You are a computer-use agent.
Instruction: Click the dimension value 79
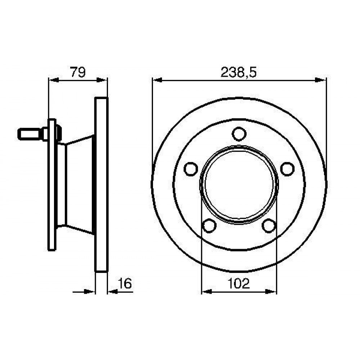tap(78, 72)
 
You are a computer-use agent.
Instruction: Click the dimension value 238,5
tap(238, 72)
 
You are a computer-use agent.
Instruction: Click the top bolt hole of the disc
tap(239, 134)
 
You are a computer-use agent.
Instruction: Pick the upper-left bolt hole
tap(191, 169)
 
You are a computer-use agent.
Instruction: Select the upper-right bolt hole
tap(287, 169)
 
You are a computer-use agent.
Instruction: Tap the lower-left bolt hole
tap(209, 226)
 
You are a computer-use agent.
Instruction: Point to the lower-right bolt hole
tap(269, 226)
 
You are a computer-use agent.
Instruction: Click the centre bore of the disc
tap(239, 184)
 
